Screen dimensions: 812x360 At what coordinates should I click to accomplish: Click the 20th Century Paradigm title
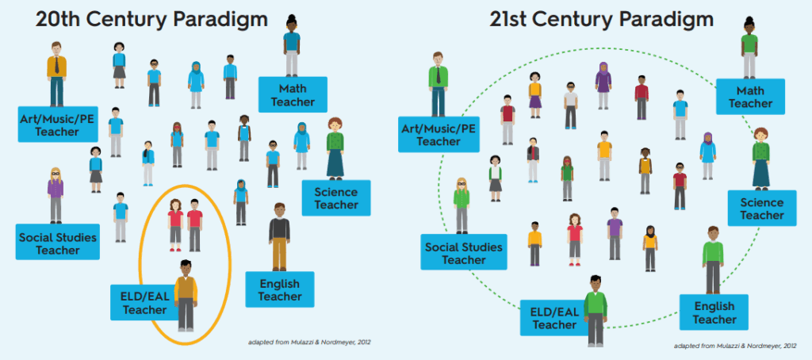click(x=151, y=20)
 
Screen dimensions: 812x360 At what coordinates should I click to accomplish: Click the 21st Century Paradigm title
click(x=602, y=20)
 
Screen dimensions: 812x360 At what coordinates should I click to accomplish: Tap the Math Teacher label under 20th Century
click(x=293, y=94)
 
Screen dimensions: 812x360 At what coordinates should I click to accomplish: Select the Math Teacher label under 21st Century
click(x=750, y=97)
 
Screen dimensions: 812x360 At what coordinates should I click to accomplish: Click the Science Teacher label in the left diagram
click(x=336, y=198)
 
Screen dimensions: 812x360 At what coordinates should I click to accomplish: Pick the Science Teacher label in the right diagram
click(x=762, y=208)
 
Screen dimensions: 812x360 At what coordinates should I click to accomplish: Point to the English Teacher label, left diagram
click(x=280, y=289)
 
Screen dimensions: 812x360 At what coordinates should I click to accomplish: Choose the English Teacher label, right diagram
click(x=714, y=312)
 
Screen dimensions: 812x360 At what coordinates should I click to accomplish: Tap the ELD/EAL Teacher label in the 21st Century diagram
click(x=553, y=317)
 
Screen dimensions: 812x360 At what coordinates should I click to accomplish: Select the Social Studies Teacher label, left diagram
click(x=57, y=242)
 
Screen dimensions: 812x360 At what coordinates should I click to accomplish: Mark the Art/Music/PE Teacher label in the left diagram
click(x=57, y=124)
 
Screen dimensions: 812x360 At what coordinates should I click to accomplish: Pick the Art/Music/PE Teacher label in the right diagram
click(x=439, y=134)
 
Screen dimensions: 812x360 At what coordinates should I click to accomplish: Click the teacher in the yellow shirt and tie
click(x=56, y=74)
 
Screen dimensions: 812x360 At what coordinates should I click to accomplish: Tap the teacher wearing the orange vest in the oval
click(x=186, y=296)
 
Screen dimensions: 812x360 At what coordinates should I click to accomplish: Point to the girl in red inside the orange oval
click(x=175, y=225)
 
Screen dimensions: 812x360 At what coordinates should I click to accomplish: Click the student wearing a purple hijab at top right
click(x=603, y=85)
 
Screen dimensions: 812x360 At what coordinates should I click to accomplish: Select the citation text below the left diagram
click(x=310, y=342)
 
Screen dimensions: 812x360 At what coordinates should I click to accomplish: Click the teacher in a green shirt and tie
click(x=438, y=84)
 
